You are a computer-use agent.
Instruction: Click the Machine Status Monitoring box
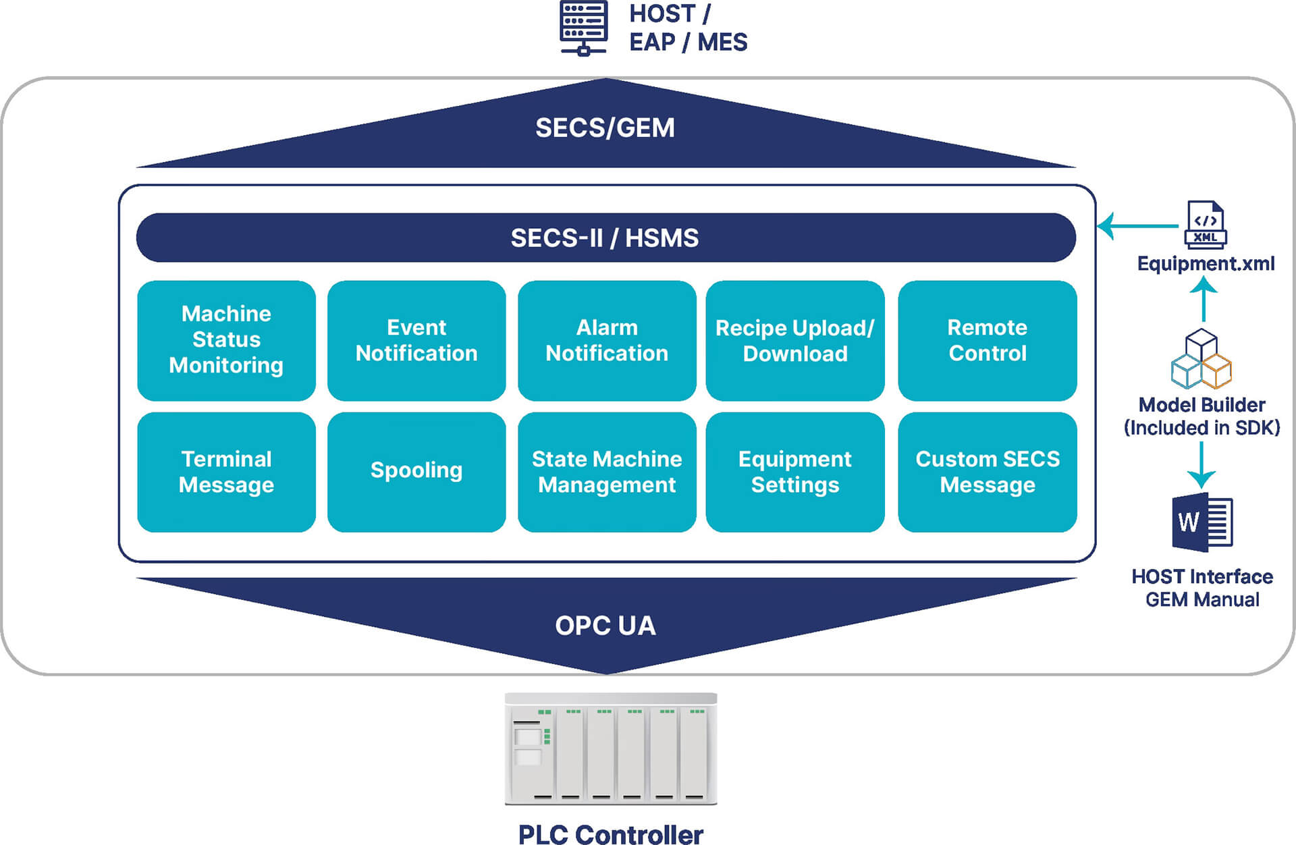(x=226, y=339)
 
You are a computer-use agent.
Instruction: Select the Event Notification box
(x=416, y=339)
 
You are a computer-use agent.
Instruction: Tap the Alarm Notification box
(x=606, y=339)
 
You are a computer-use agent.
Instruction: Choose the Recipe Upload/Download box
(x=794, y=339)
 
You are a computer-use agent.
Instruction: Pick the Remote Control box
(x=987, y=339)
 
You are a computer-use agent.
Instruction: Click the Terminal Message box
(x=226, y=472)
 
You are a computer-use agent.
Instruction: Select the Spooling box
(x=416, y=472)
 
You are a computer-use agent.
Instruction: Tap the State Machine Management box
(x=606, y=472)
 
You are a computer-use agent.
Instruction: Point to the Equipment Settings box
(x=794, y=472)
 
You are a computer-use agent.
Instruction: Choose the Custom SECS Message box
(x=987, y=472)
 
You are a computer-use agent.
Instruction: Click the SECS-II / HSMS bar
(x=605, y=238)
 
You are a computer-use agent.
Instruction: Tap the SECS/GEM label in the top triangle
(x=605, y=128)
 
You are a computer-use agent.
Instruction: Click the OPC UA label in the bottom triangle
(x=605, y=626)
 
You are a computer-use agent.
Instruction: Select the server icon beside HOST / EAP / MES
(x=584, y=28)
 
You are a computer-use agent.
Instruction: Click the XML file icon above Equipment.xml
(x=1206, y=225)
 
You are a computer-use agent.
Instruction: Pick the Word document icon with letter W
(x=1202, y=522)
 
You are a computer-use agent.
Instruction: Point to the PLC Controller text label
(x=610, y=834)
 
